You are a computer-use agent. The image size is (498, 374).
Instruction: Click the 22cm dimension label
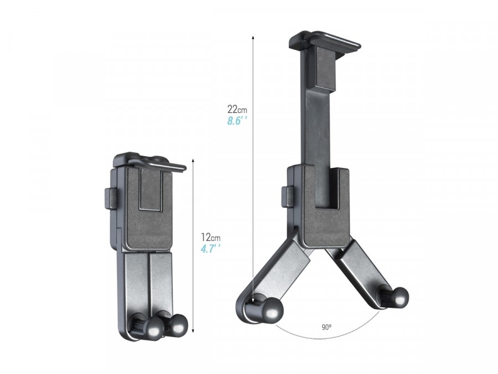pos(237,110)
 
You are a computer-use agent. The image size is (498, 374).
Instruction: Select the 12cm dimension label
pos(211,237)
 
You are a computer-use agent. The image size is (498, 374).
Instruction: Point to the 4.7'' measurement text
pos(211,249)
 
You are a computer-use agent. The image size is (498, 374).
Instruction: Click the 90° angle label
pos(326,327)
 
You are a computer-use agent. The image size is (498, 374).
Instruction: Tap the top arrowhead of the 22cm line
pos(253,37)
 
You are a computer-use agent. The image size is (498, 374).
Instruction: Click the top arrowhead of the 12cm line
pos(193,161)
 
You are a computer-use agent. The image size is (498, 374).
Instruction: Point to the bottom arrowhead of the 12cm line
pos(193,331)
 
